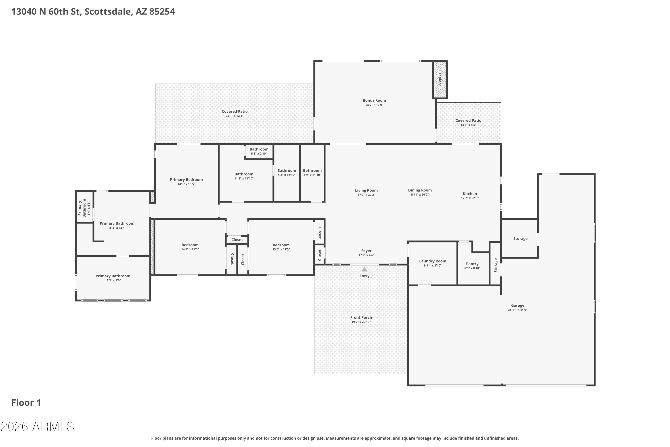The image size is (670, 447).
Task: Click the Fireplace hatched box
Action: click(440, 80)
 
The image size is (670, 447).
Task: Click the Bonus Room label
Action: click(374, 100)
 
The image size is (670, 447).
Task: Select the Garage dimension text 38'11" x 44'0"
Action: click(518, 310)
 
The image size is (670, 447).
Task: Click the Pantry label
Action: click(472, 264)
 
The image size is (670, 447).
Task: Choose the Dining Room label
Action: click(420, 190)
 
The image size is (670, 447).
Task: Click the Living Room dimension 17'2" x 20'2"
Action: click(366, 195)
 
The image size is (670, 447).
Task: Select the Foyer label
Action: click(366, 251)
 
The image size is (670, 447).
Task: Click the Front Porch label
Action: click(361, 318)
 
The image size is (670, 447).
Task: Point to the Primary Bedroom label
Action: click(186, 180)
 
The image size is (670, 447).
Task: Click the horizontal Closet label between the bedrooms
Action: click(237, 240)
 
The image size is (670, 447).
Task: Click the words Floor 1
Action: click(26, 403)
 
